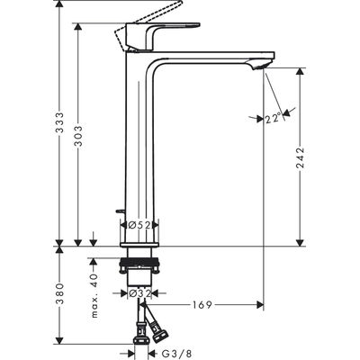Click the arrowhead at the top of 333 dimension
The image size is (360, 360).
click(58, 7)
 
